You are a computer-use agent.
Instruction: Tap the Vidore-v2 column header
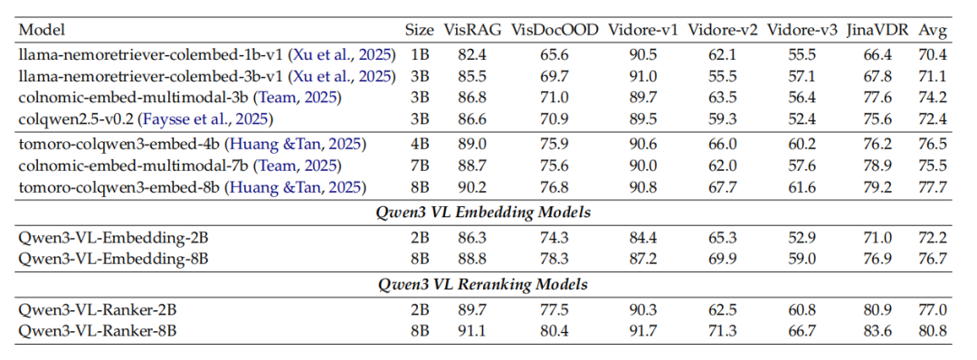click(x=721, y=30)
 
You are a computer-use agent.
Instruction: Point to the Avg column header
click(x=933, y=30)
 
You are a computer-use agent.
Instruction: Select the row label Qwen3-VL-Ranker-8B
click(x=96, y=330)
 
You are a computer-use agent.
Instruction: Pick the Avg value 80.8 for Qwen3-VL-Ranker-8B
click(x=933, y=330)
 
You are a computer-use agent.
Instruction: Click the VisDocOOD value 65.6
click(x=554, y=54)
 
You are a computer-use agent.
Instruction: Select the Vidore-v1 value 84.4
click(x=642, y=238)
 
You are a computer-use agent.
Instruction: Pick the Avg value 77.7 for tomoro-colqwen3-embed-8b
click(x=933, y=187)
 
